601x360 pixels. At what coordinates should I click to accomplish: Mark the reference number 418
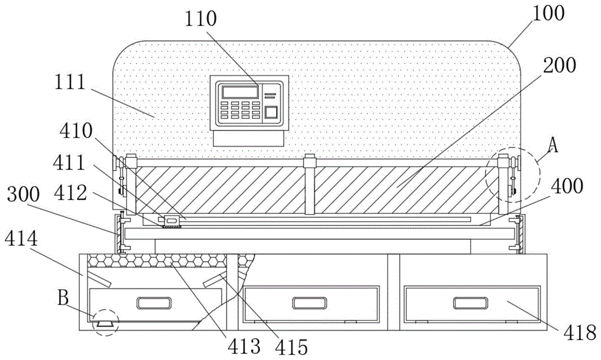click(x=576, y=332)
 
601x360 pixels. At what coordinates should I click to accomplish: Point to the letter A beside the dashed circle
click(x=554, y=146)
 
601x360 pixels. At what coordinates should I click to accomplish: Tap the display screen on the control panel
click(x=240, y=92)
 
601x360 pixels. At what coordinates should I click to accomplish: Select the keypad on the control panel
click(x=239, y=110)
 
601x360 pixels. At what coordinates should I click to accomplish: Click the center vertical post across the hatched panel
click(x=309, y=185)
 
